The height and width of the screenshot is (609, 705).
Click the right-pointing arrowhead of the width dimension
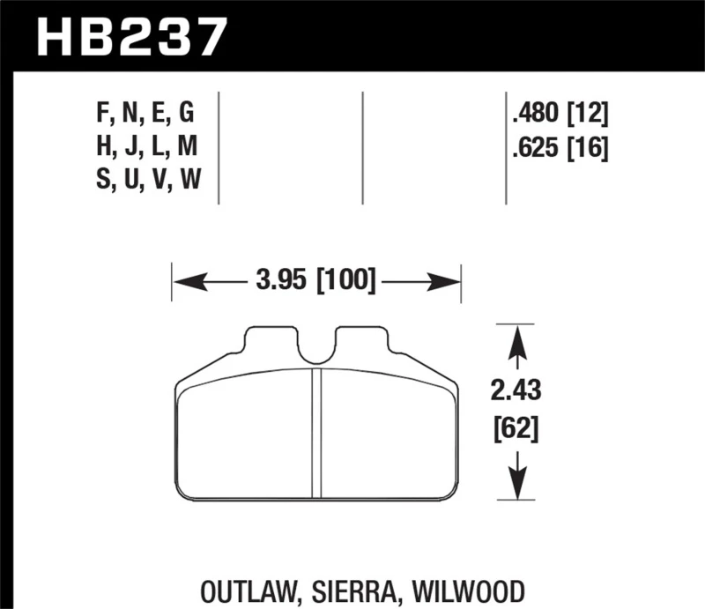[x=450, y=283]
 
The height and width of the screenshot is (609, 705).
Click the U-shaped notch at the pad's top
[x=316, y=348]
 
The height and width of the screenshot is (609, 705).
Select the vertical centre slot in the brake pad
[x=317, y=432]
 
